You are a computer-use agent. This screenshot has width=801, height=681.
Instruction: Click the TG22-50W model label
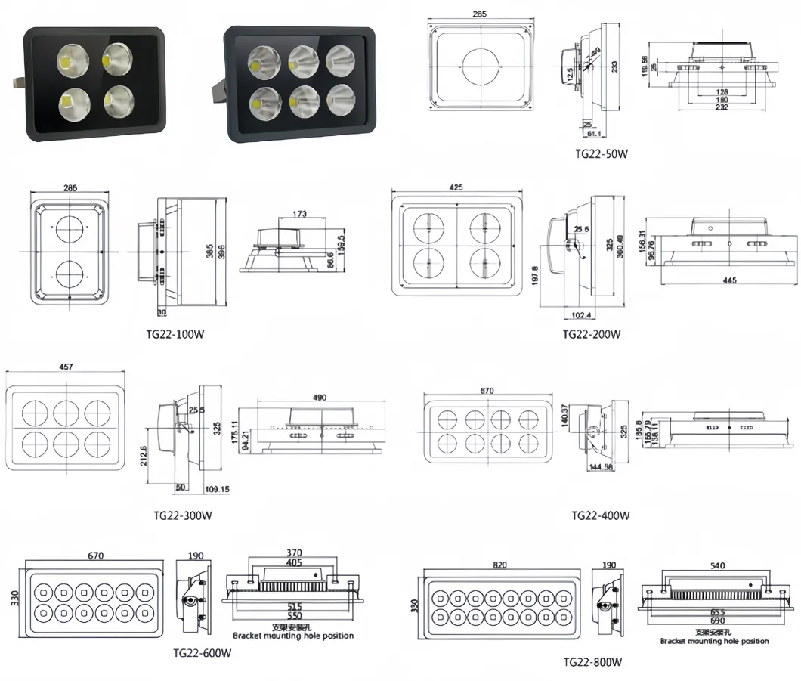pos(601,154)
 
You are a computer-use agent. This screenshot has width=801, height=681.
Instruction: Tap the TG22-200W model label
pos(592,334)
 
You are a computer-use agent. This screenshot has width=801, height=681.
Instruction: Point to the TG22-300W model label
pos(182,516)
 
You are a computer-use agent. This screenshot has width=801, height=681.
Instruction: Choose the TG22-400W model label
pos(601,516)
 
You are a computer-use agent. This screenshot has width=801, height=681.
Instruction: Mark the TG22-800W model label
pos(592,663)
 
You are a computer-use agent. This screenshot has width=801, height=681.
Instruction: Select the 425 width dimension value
pos(456,187)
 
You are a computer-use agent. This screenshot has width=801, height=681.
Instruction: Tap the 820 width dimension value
pos(499,565)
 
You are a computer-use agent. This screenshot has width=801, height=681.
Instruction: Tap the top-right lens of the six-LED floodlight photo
pos(340,59)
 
